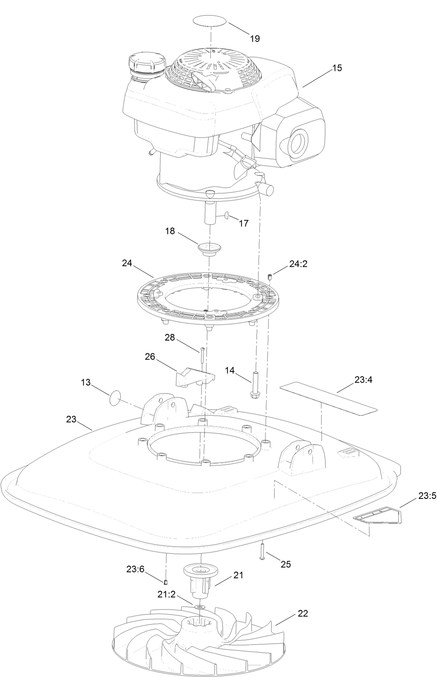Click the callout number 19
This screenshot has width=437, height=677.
tap(255, 38)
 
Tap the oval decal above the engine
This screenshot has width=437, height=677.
tap(211, 20)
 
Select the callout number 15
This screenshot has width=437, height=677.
tap(337, 68)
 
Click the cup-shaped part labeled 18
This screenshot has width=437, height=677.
tap(210, 249)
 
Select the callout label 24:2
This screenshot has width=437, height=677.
tap(298, 264)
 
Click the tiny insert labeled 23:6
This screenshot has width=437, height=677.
tap(165, 582)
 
